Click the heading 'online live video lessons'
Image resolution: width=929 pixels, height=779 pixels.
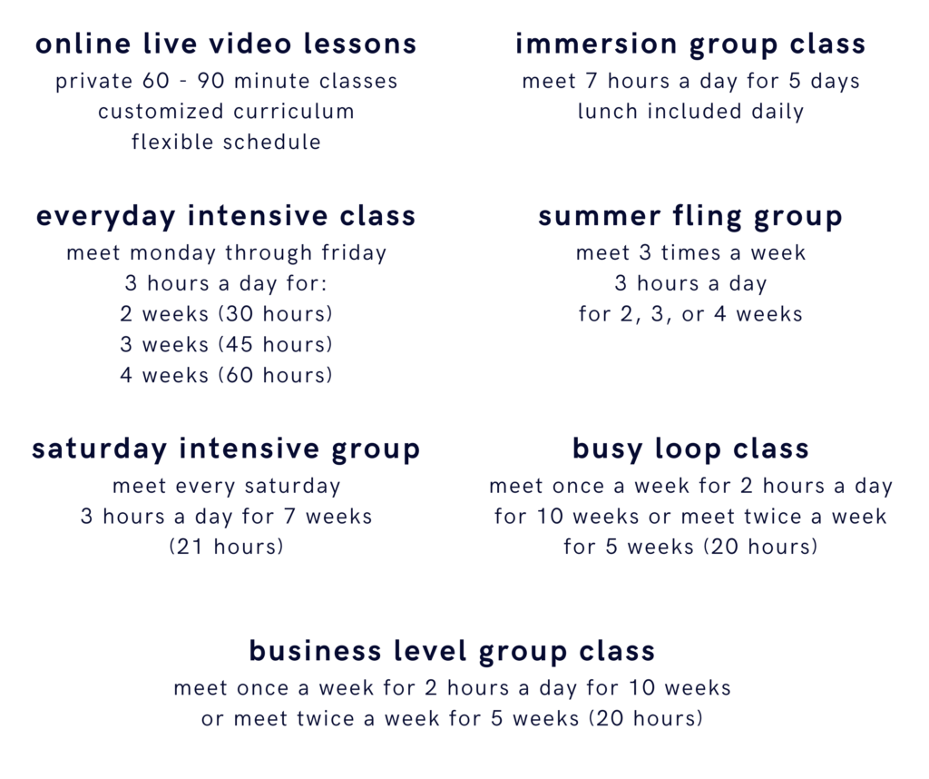click(x=226, y=44)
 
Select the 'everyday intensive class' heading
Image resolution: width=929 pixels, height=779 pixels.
click(x=226, y=216)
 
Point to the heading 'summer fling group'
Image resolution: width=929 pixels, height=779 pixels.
click(x=690, y=216)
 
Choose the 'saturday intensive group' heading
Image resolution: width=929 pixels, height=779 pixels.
click(x=226, y=449)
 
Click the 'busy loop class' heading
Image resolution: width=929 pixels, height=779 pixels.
click(x=690, y=449)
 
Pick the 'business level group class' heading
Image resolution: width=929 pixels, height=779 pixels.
click(x=452, y=651)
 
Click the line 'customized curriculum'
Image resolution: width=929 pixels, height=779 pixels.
click(x=226, y=112)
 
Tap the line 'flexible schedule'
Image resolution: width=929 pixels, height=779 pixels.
click(x=226, y=142)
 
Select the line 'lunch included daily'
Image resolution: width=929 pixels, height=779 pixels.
click(x=690, y=112)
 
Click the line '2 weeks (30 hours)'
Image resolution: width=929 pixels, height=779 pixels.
click(x=226, y=313)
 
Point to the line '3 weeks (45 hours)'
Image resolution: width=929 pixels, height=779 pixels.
click(x=226, y=344)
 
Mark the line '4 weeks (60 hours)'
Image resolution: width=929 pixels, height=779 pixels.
click(x=226, y=375)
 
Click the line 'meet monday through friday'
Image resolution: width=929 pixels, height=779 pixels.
click(x=226, y=253)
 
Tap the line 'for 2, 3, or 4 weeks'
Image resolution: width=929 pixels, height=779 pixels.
click(x=690, y=313)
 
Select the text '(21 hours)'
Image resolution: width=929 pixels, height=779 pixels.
click(x=226, y=547)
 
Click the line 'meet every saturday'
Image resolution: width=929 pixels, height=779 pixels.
click(x=226, y=486)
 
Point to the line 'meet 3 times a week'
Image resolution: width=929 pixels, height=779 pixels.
click(x=690, y=253)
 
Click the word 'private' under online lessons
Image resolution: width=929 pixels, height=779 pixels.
click(x=94, y=81)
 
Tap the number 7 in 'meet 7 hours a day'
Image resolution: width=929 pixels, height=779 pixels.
click(x=592, y=81)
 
